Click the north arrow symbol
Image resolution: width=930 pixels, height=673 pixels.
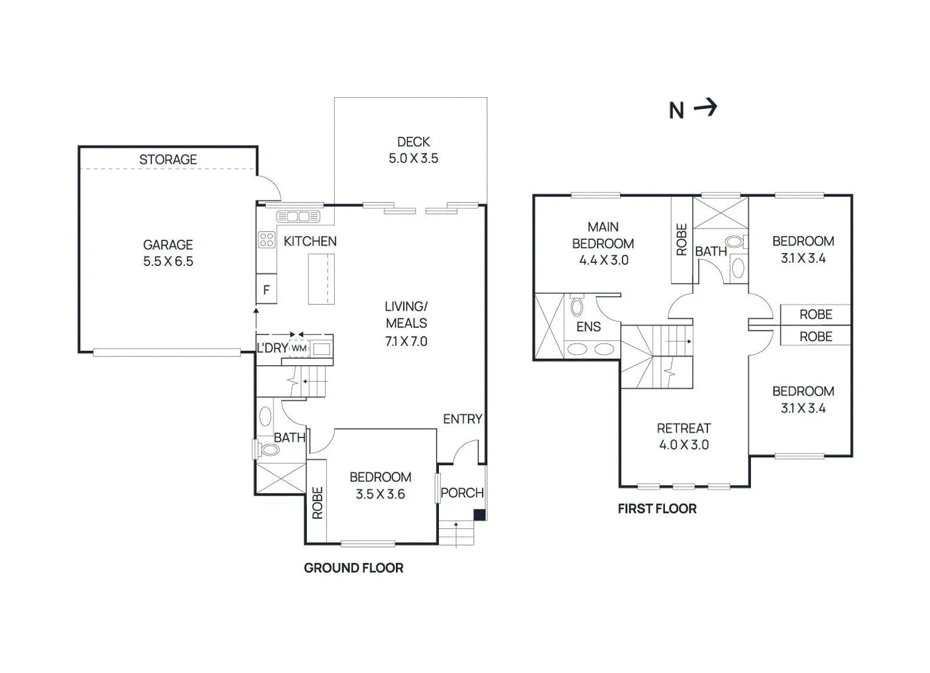[706, 108]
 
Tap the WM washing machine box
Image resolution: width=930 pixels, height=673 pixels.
[299, 348]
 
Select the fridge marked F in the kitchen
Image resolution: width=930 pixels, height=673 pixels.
[267, 289]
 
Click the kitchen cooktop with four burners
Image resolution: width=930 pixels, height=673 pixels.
[267, 240]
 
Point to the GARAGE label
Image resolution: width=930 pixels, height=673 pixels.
[168, 245]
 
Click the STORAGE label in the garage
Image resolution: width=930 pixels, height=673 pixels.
[168, 159]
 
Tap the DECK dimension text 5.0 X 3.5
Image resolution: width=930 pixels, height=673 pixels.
[413, 158]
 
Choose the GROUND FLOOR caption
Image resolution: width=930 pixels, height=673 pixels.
[354, 568]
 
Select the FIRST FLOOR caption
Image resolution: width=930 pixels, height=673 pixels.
[657, 508]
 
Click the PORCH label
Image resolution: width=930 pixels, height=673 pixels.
[462, 493]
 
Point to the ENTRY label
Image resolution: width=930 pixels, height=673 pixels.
[463, 419]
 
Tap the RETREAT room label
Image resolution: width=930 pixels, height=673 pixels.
[684, 428]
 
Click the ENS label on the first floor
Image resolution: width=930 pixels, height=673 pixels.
[589, 327]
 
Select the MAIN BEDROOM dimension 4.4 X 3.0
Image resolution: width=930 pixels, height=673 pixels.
[604, 260]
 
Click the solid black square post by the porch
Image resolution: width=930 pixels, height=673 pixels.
[480, 515]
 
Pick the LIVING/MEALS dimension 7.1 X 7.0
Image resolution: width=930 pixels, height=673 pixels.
[406, 341]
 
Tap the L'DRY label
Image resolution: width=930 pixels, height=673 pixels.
[273, 348]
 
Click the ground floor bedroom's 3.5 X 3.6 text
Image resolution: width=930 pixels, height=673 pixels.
[380, 494]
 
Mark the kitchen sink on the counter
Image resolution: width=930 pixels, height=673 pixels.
[298, 216]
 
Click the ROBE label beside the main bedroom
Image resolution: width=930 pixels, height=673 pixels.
[682, 239]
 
